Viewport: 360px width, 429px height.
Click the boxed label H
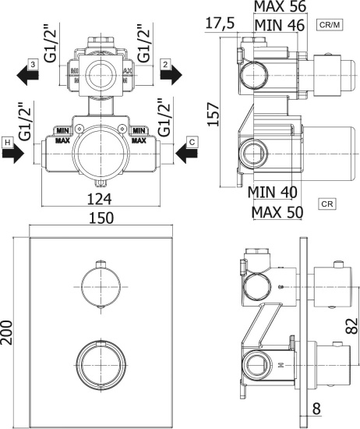[x=8, y=143]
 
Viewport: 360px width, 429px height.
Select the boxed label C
[x=192, y=142]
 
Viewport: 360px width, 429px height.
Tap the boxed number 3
[x=33, y=65]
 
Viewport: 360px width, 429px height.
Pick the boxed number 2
[x=165, y=65]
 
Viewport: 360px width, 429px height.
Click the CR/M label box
[x=330, y=25]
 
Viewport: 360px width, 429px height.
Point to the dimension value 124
[x=99, y=199]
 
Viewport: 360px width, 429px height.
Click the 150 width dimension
[x=101, y=218]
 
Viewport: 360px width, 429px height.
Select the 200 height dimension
[x=7, y=332]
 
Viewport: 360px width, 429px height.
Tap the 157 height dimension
[x=214, y=115]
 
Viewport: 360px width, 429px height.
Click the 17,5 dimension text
[x=220, y=23]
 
